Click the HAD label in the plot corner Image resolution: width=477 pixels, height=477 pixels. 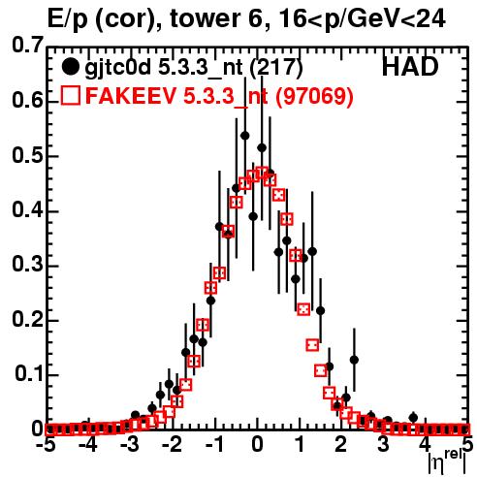pos(410,67)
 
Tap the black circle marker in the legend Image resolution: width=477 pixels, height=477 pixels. pos(70,67)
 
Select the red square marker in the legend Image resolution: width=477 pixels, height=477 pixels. pos(70,95)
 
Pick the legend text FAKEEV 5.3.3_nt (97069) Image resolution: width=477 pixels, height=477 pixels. pos(219,95)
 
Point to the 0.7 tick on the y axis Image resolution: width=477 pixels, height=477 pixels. pos(27,46)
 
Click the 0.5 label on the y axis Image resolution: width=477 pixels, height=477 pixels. pos(27,155)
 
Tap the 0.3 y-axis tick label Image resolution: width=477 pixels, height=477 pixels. pos(27,265)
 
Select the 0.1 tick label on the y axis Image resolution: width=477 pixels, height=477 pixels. pos(29,374)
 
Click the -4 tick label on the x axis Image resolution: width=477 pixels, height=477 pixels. pos(87,446)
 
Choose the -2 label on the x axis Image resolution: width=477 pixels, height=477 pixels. pos(172,446)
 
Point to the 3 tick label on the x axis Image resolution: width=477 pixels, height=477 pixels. pos(383,446)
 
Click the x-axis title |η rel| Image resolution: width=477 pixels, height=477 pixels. pos(448,462)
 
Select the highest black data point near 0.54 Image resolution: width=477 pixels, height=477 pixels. pos(245,136)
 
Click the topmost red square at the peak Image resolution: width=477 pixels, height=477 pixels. pos(262,173)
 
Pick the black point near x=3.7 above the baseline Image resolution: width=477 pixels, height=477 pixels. pos(413,418)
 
